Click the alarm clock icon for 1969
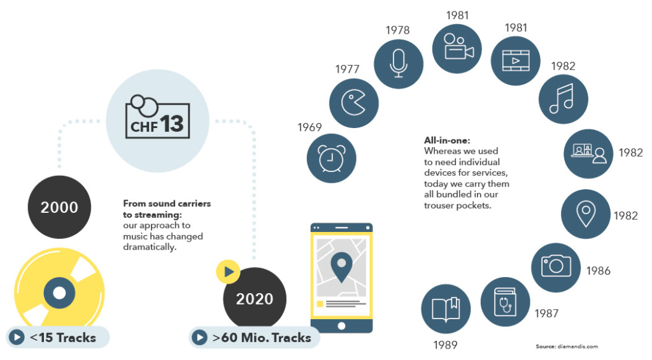[331, 159]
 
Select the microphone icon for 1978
[399, 63]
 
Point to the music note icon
[563, 99]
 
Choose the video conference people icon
[588, 154]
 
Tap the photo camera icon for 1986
[556, 267]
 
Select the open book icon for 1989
[446, 309]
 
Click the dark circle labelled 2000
[59, 208]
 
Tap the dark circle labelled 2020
[255, 299]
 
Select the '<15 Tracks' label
[57, 337]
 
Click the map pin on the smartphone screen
[341, 267]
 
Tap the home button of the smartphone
[341, 326]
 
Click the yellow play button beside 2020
[228, 272]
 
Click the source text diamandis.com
[567, 347]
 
